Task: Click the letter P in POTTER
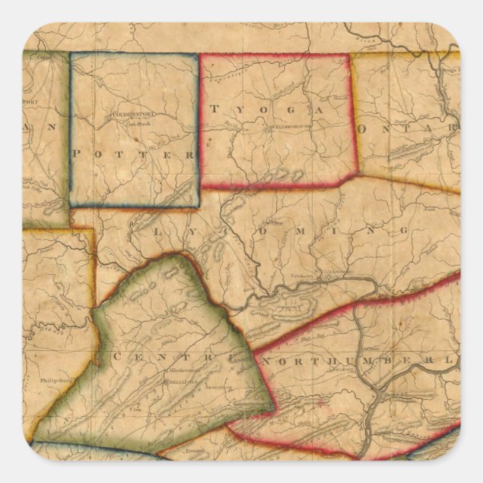pos(77,152)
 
